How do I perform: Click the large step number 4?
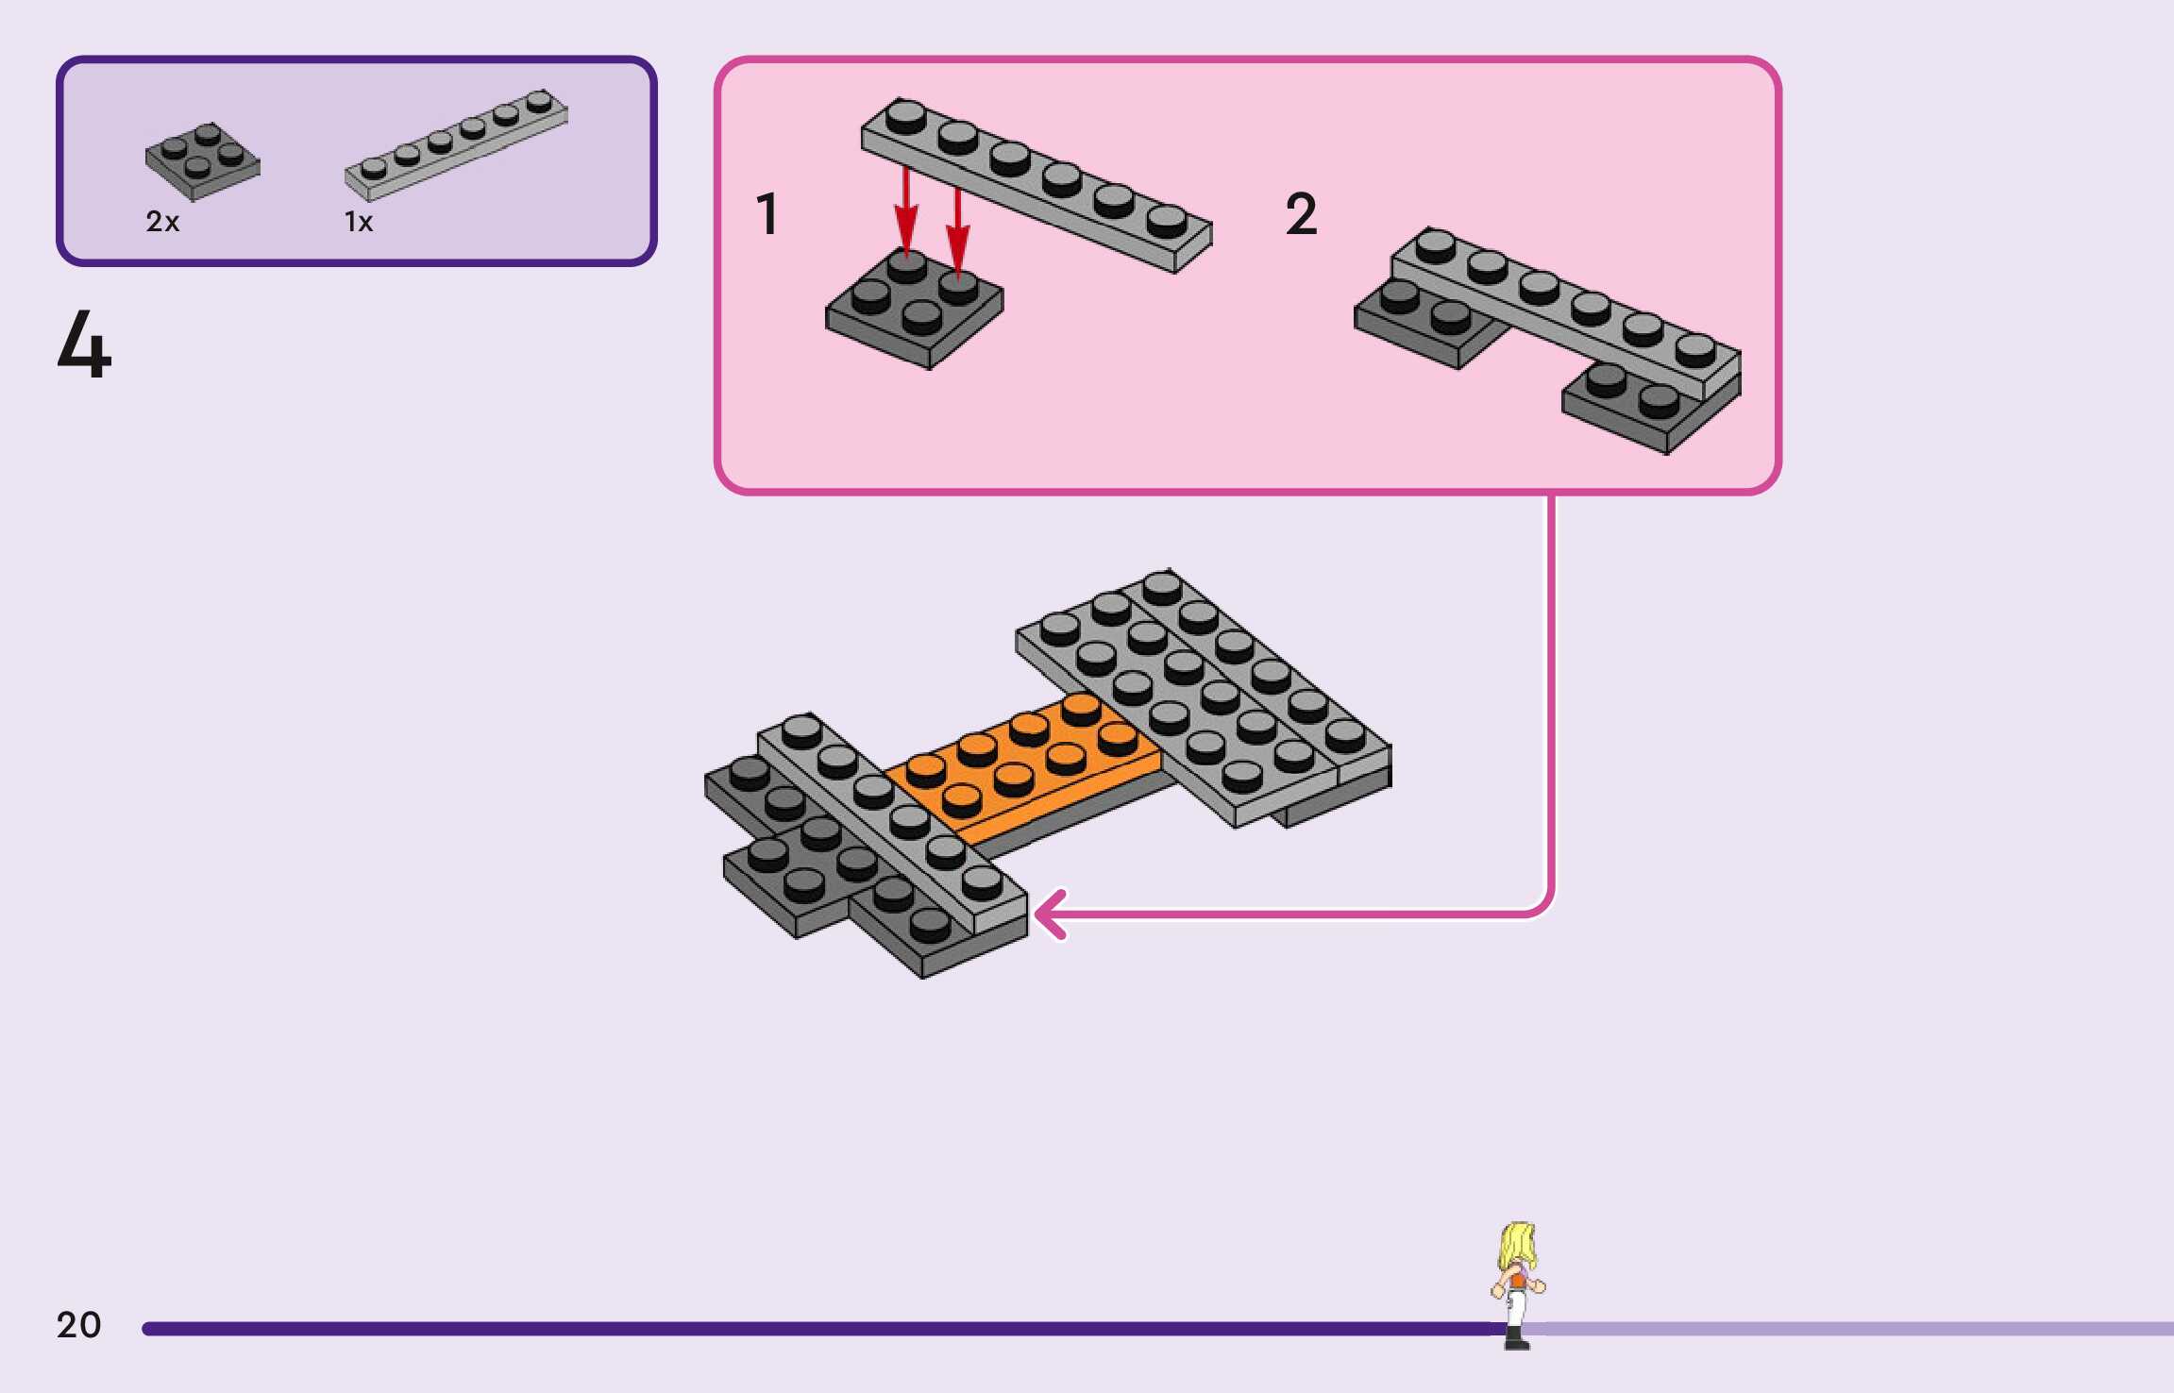[x=84, y=345]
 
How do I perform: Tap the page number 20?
[x=78, y=1324]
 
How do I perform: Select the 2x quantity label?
[x=162, y=222]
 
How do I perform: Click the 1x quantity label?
[x=359, y=222]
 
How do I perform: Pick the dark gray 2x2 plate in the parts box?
[x=202, y=161]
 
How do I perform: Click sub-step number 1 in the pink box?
[x=767, y=213]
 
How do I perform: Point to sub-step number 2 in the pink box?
[x=1301, y=213]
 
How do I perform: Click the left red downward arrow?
[x=906, y=212]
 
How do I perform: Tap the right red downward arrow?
[x=958, y=231]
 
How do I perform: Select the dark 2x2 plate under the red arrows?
[x=914, y=311]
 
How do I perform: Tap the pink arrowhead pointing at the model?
[x=1050, y=914]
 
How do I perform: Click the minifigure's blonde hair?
[x=1517, y=1244]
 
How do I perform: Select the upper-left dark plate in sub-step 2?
[x=1416, y=321]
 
